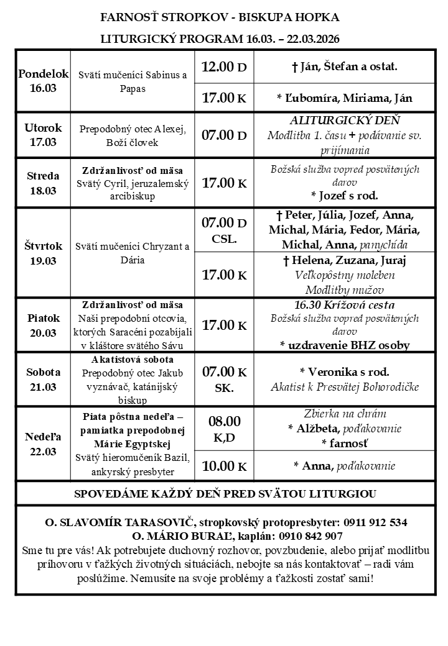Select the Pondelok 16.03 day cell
43,81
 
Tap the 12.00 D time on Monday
224,66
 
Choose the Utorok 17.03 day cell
43,135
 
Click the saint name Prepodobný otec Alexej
133,129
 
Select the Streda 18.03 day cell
43,183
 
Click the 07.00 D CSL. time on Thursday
224,230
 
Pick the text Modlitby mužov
344,289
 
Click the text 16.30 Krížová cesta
344,305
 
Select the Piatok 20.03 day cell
43,325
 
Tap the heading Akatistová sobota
133,360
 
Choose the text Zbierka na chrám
344,414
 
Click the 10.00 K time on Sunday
224,466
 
